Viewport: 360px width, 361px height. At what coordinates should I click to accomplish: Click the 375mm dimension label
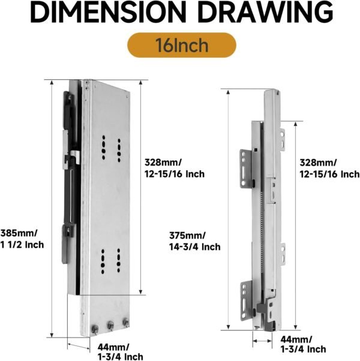[188, 235]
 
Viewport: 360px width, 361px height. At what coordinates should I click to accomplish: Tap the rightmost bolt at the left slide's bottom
[125, 323]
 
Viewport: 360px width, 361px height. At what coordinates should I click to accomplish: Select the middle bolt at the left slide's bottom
[110, 325]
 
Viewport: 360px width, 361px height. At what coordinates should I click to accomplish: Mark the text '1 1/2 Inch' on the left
[22, 245]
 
